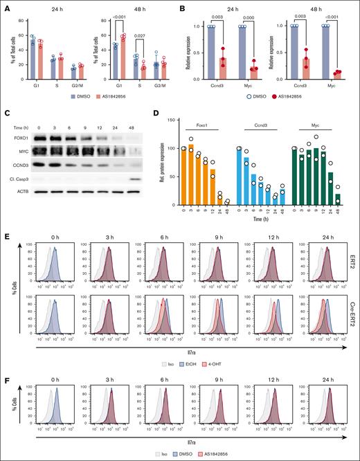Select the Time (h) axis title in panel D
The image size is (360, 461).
pyautogui.click(x=260, y=217)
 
